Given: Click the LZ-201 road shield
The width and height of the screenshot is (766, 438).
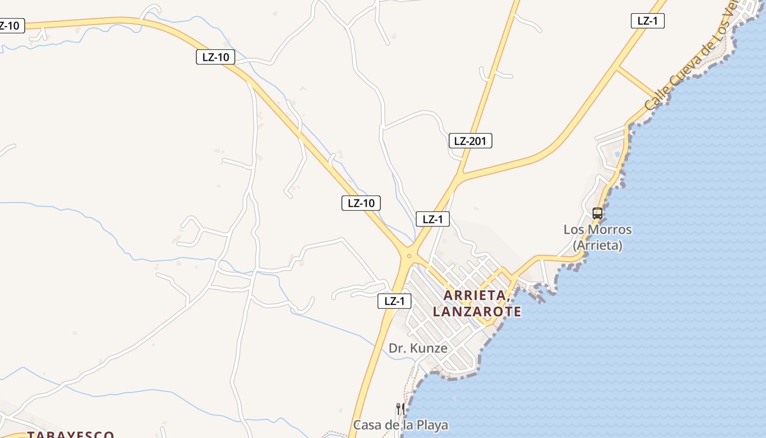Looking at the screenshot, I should coord(470,141).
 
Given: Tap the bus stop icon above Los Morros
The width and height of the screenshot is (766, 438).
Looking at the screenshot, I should coord(597,214).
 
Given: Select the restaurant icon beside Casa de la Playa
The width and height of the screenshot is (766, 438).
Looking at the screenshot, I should coord(400,409).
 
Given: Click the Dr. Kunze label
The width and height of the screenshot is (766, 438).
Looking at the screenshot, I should coord(418,348).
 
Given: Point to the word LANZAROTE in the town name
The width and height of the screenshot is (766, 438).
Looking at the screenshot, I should coord(477,312).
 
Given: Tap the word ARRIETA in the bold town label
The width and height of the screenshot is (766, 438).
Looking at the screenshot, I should coord(474,295).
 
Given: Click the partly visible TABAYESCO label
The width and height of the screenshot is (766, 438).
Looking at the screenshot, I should coord(70,435).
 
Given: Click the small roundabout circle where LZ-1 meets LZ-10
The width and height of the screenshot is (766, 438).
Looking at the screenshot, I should coord(409,256).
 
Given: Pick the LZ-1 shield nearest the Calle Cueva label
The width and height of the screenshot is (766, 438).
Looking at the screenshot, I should coord(648,21).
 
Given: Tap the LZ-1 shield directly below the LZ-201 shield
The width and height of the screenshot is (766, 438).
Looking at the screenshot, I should coord(432,220).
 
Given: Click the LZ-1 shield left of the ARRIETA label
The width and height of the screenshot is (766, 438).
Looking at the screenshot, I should coord(394,301).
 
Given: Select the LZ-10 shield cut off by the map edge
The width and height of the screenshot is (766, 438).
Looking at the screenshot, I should coord(11,26).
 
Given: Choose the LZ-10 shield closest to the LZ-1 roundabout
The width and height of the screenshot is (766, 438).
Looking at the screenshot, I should coord(361,203).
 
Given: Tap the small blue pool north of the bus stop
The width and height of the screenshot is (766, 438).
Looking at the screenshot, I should coord(618,154).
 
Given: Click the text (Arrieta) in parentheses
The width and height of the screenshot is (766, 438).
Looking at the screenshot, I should coord(597,245).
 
